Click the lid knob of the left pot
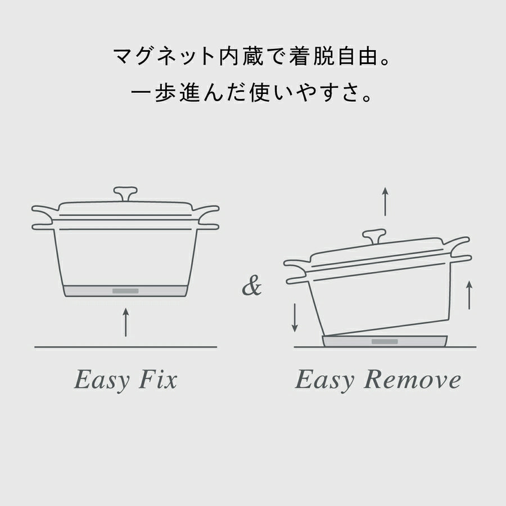pyautogui.click(x=125, y=193)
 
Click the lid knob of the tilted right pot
pyautogui.click(x=374, y=236)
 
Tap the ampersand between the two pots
pyautogui.click(x=252, y=286)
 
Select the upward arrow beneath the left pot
pyautogui.click(x=126, y=322)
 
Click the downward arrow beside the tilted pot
pyautogui.click(x=295, y=317)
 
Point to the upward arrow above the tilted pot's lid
pyautogui.click(x=385, y=201)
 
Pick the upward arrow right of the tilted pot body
pyautogui.click(x=469, y=295)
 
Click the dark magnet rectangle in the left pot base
pyautogui.click(x=125, y=291)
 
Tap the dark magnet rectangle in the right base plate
pyautogui.click(x=385, y=341)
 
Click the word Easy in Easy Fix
pyautogui.click(x=102, y=380)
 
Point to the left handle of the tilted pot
pyautogui.click(x=296, y=271)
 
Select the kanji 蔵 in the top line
pyautogui.click(x=252, y=56)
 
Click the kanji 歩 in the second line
pyautogui.click(x=165, y=93)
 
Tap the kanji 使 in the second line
pyautogui.click(x=260, y=93)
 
